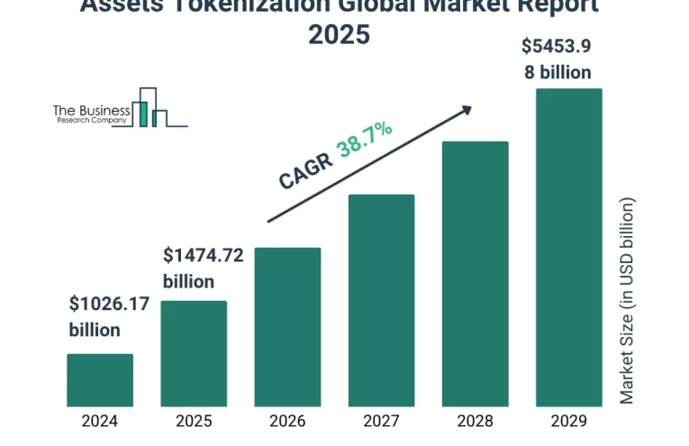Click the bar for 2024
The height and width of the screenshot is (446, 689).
(x=100, y=379)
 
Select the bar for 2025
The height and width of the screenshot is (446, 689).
(x=194, y=353)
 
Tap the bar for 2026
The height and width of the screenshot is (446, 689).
(x=287, y=326)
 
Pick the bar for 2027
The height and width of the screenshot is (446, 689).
(x=381, y=300)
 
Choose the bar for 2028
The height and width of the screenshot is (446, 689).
(x=475, y=273)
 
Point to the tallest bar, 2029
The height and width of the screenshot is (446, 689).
(x=569, y=247)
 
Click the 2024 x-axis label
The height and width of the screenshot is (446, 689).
(x=100, y=421)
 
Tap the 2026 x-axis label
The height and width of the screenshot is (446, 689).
(x=287, y=421)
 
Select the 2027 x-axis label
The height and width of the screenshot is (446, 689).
(x=381, y=421)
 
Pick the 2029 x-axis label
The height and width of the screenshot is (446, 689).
(x=569, y=421)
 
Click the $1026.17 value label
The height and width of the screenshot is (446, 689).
(x=109, y=305)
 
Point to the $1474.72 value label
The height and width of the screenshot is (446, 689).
(x=203, y=256)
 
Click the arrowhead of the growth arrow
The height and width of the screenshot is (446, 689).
(x=466, y=109)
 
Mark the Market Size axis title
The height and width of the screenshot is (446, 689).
(x=628, y=300)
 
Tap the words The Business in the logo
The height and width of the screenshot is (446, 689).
(x=91, y=108)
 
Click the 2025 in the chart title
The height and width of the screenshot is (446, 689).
(x=339, y=35)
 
